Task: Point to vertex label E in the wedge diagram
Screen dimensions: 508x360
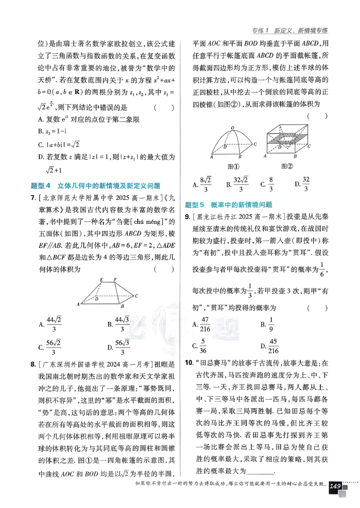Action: tap(102, 280)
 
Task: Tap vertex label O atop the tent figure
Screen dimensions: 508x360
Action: tap(232, 128)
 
